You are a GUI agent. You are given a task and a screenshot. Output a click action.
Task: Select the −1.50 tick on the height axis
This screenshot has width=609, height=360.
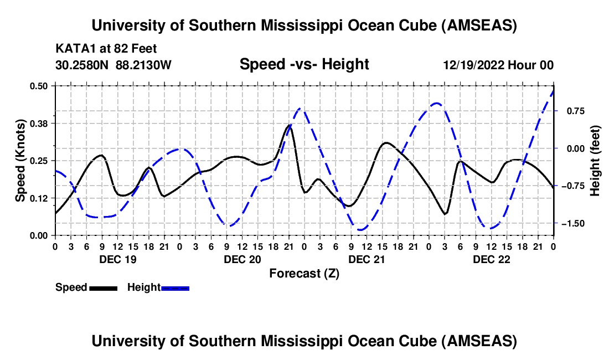pyautogui.click(x=571, y=223)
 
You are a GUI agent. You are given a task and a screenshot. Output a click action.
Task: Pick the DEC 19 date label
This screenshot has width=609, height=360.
pyautogui.click(x=117, y=259)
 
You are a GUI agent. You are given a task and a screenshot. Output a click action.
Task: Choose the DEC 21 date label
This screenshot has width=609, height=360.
pyautogui.click(x=367, y=259)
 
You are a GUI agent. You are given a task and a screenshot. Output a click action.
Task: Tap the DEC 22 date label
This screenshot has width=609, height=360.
pyautogui.click(x=492, y=259)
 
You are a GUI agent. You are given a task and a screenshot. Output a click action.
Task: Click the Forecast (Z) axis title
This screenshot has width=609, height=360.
pyautogui.click(x=304, y=273)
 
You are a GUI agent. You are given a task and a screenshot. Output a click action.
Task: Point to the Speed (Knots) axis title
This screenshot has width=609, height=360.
pyautogui.click(x=20, y=160)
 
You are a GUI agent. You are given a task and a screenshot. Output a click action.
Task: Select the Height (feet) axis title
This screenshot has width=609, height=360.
pyautogui.click(x=595, y=160)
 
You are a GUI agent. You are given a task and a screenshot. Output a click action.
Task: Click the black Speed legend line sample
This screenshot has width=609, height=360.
pyautogui.click(x=103, y=287)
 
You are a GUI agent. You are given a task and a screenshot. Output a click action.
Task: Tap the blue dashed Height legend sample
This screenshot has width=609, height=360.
pyautogui.click(x=176, y=287)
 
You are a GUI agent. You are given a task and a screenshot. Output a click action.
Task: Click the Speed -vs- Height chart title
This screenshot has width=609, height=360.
pyautogui.click(x=304, y=64)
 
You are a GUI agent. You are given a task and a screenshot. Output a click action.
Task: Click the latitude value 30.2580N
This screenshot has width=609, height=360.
pyautogui.click(x=82, y=65)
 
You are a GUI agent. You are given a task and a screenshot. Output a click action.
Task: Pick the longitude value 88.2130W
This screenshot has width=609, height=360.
pyautogui.click(x=144, y=65)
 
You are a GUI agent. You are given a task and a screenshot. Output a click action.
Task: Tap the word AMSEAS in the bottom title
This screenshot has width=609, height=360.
pyautogui.click(x=483, y=341)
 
